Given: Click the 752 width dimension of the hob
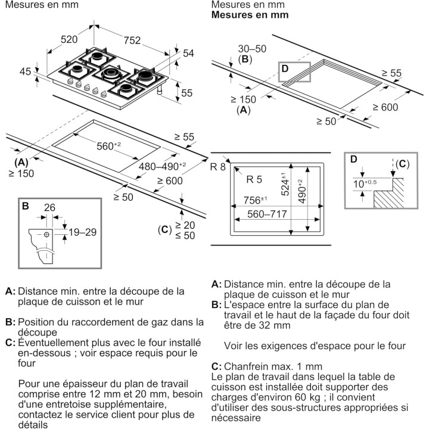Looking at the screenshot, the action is [132, 41].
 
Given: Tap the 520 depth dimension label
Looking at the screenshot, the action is [69, 39].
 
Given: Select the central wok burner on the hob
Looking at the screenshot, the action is [111, 73].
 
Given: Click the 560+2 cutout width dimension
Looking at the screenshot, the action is [108, 146].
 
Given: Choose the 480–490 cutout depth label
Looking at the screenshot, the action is [162, 166].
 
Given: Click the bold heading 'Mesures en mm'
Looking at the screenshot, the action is [250, 15].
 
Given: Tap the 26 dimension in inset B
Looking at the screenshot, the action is [49, 207].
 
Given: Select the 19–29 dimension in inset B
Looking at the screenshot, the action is [82, 232].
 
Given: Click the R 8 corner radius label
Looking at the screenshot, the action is [218, 167].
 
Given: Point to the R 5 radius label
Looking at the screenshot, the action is [254, 179].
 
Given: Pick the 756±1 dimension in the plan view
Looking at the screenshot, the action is [255, 200].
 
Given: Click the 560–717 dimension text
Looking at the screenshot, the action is [267, 214].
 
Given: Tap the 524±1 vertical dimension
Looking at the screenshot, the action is [285, 184].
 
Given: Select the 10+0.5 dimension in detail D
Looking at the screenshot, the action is [365, 184].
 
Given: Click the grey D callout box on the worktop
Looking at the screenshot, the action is [294, 72].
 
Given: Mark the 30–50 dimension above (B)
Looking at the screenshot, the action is [252, 49].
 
